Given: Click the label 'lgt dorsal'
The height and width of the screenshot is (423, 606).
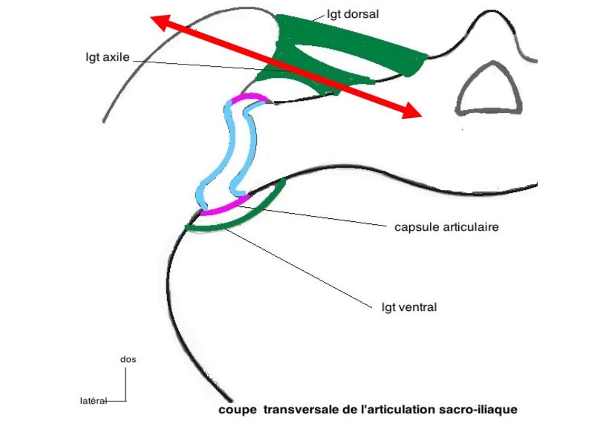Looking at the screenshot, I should (x=353, y=13).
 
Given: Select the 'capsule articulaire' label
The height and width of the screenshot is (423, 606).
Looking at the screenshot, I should (x=440, y=226).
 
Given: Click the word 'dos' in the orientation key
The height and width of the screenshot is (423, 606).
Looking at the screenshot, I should (x=128, y=359).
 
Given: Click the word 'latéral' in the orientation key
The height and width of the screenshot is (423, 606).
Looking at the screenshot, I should (x=91, y=401).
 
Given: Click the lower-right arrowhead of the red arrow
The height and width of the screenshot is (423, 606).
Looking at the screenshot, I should (x=411, y=111).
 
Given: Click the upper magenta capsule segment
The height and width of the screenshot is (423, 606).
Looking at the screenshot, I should (x=250, y=97).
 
